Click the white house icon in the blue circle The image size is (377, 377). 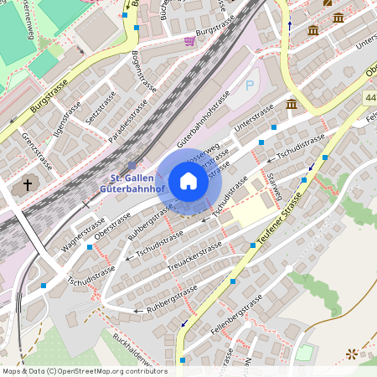[188, 181]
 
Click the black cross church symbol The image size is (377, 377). [27, 184]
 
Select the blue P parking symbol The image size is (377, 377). [249, 85]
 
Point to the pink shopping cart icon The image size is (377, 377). [190, 41]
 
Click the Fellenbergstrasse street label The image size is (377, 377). [232, 323]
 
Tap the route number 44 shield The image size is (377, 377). [370, 98]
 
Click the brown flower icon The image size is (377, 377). [351, 355]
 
